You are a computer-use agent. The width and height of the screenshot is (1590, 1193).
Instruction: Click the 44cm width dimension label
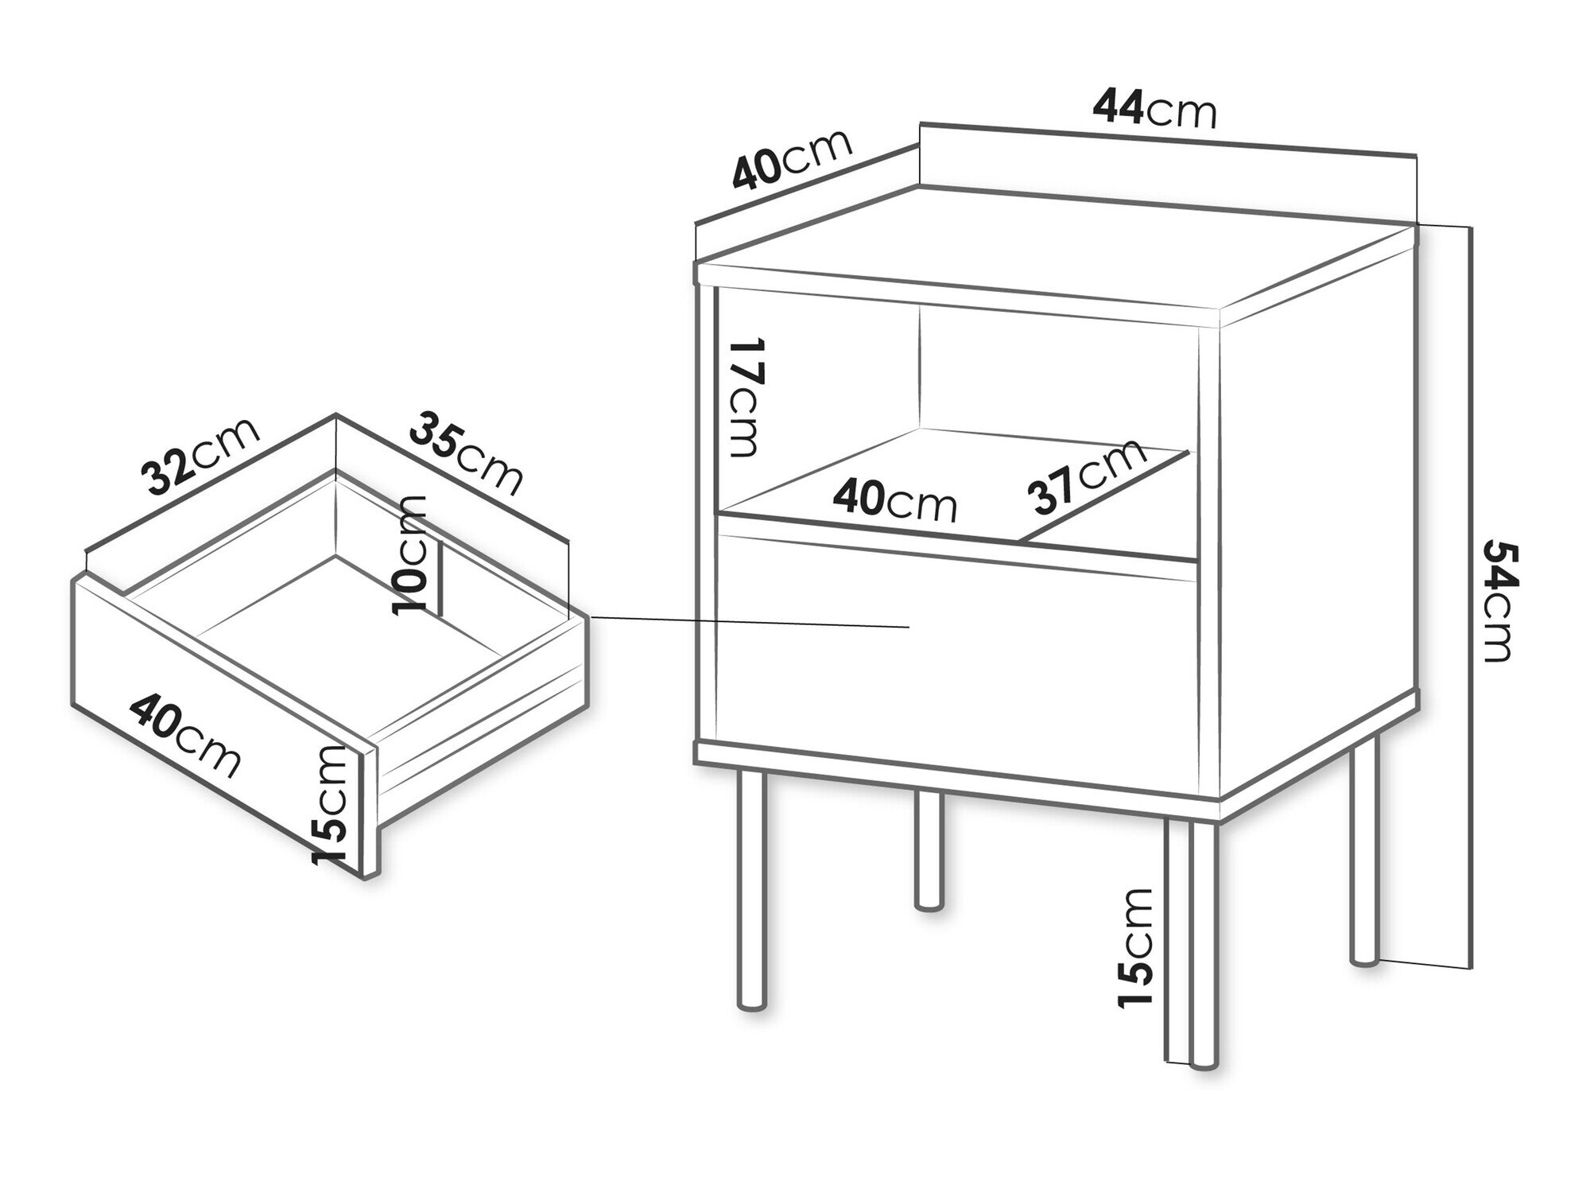click(1155, 109)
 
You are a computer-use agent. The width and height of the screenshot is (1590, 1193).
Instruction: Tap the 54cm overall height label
click(1498, 601)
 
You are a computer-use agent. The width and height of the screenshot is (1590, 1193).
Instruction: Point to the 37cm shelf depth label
click(1087, 474)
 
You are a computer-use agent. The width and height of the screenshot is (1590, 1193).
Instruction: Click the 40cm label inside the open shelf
click(894, 501)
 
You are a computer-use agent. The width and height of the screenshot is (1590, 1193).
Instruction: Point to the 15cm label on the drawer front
click(330, 805)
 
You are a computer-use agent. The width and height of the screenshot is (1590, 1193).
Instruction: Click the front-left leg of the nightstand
click(751, 886)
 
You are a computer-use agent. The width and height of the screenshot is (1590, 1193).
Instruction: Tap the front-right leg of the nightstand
click(1204, 942)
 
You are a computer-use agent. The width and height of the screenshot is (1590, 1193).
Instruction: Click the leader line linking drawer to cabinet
click(750, 622)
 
